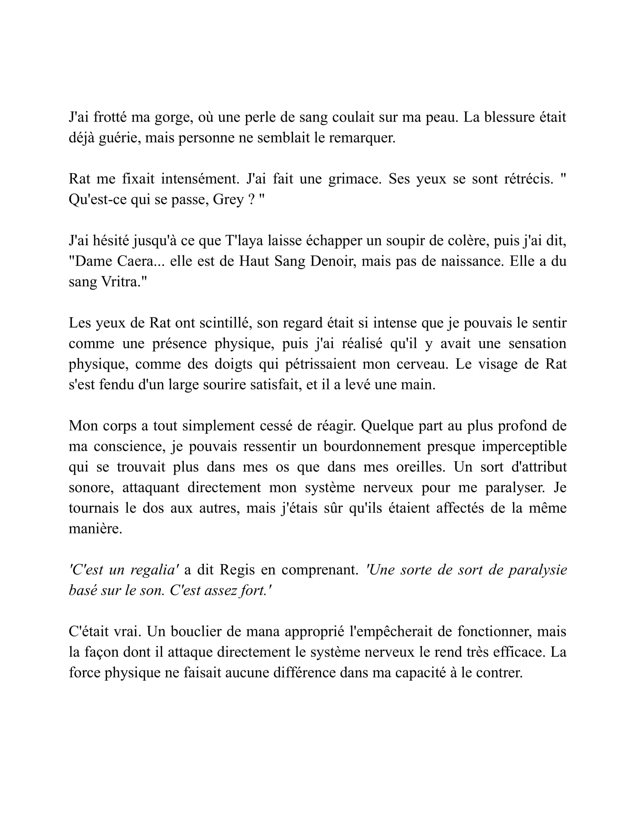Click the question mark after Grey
(252, 199)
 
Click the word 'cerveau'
(419, 364)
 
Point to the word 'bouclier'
(196, 631)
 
